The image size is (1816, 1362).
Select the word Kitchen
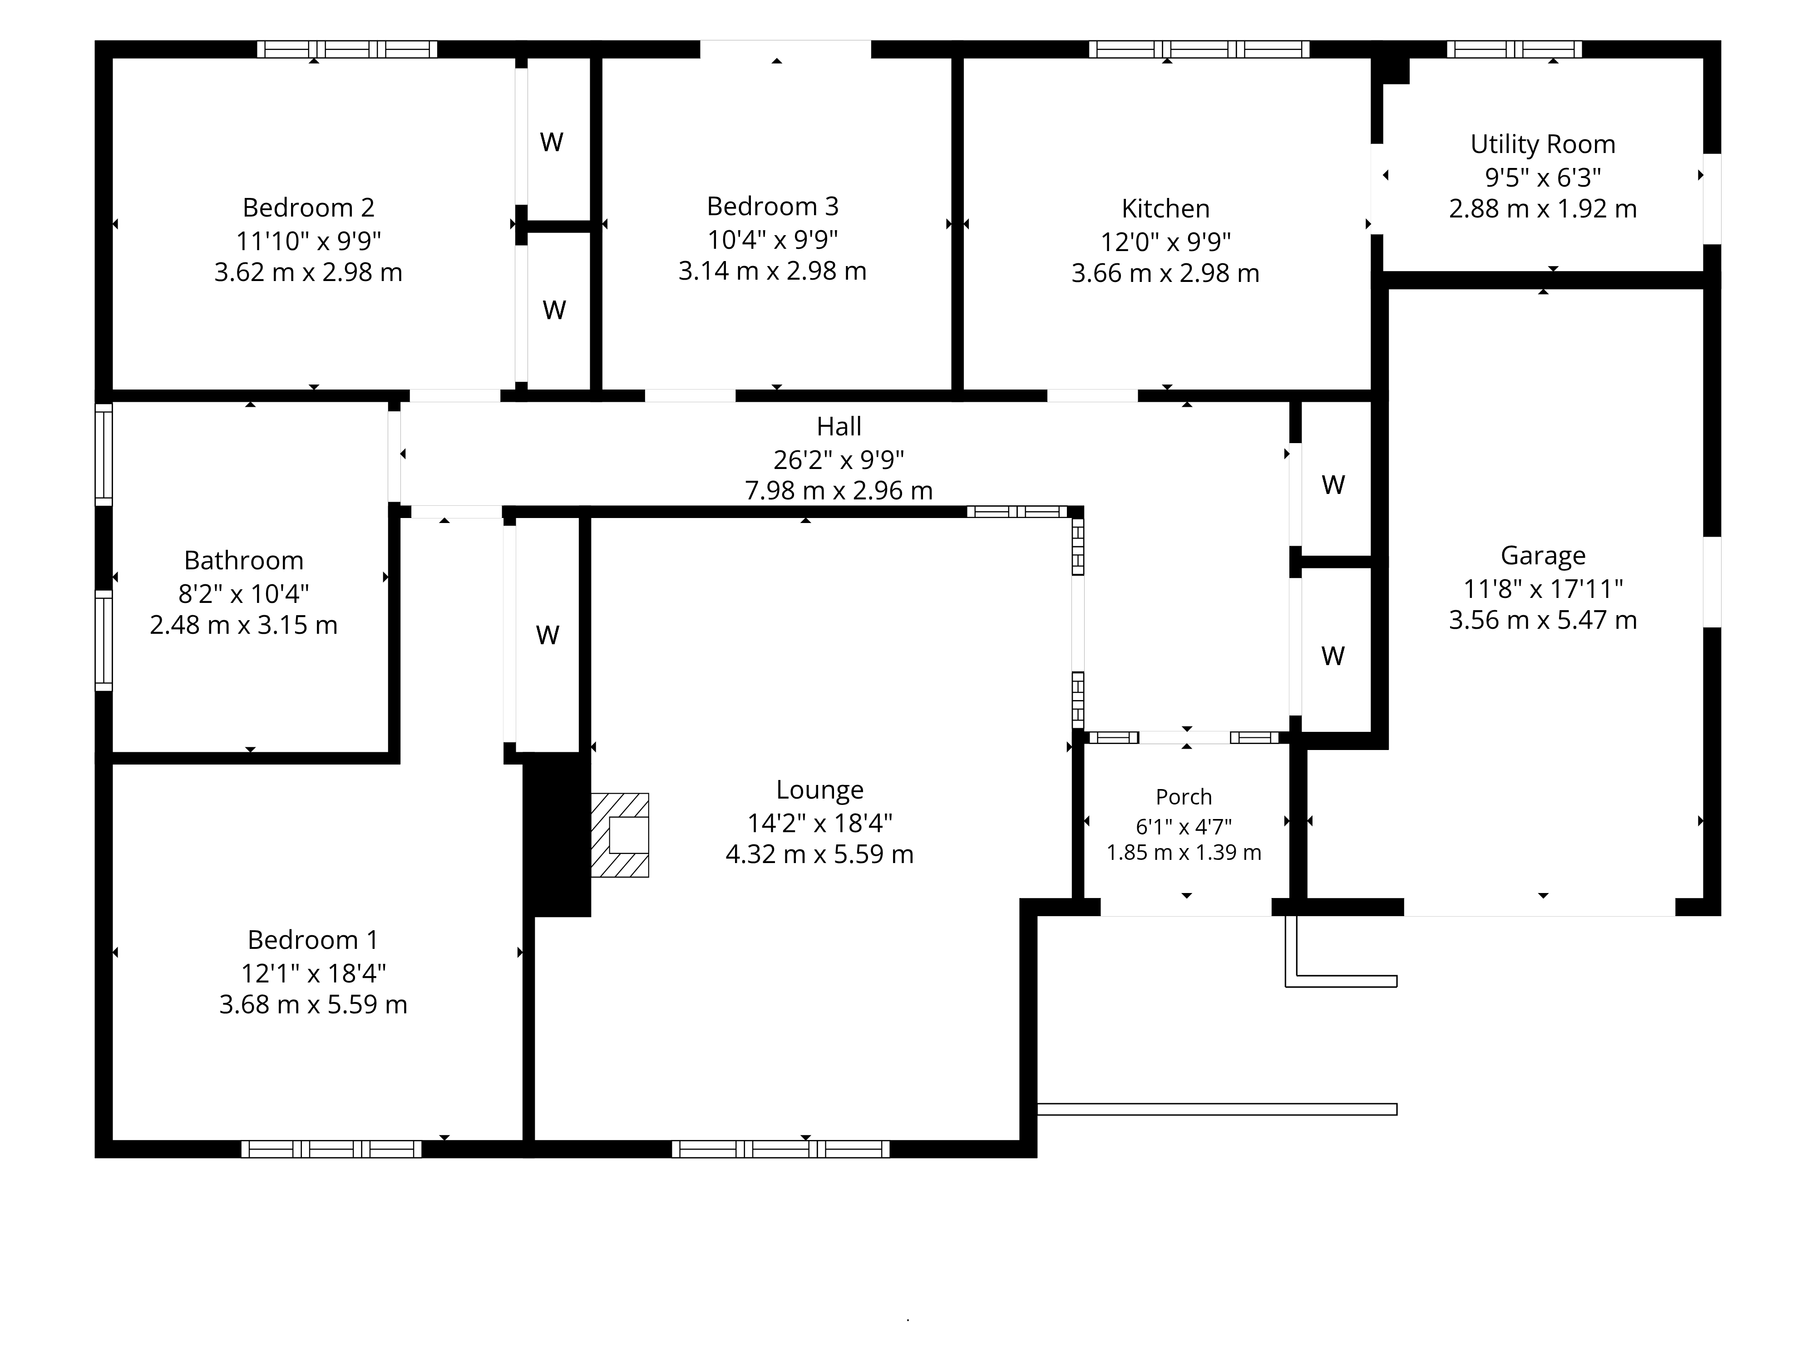tap(1166, 208)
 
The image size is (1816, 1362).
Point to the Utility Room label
tap(1543, 144)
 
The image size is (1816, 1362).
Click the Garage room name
tap(1543, 556)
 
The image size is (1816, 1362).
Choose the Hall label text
tap(839, 426)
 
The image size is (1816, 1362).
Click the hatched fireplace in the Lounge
tap(620, 835)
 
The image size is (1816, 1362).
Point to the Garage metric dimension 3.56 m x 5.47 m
tap(1543, 620)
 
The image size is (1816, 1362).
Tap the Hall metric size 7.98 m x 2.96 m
tap(839, 491)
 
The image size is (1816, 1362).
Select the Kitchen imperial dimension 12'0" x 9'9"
tap(1166, 242)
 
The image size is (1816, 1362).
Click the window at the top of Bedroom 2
tap(347, 49)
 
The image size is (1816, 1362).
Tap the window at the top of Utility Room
tap(1514, 49)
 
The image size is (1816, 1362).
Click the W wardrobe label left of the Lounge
tap(548, 635)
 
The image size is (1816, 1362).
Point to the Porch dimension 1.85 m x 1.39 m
tap(1184, 853)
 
